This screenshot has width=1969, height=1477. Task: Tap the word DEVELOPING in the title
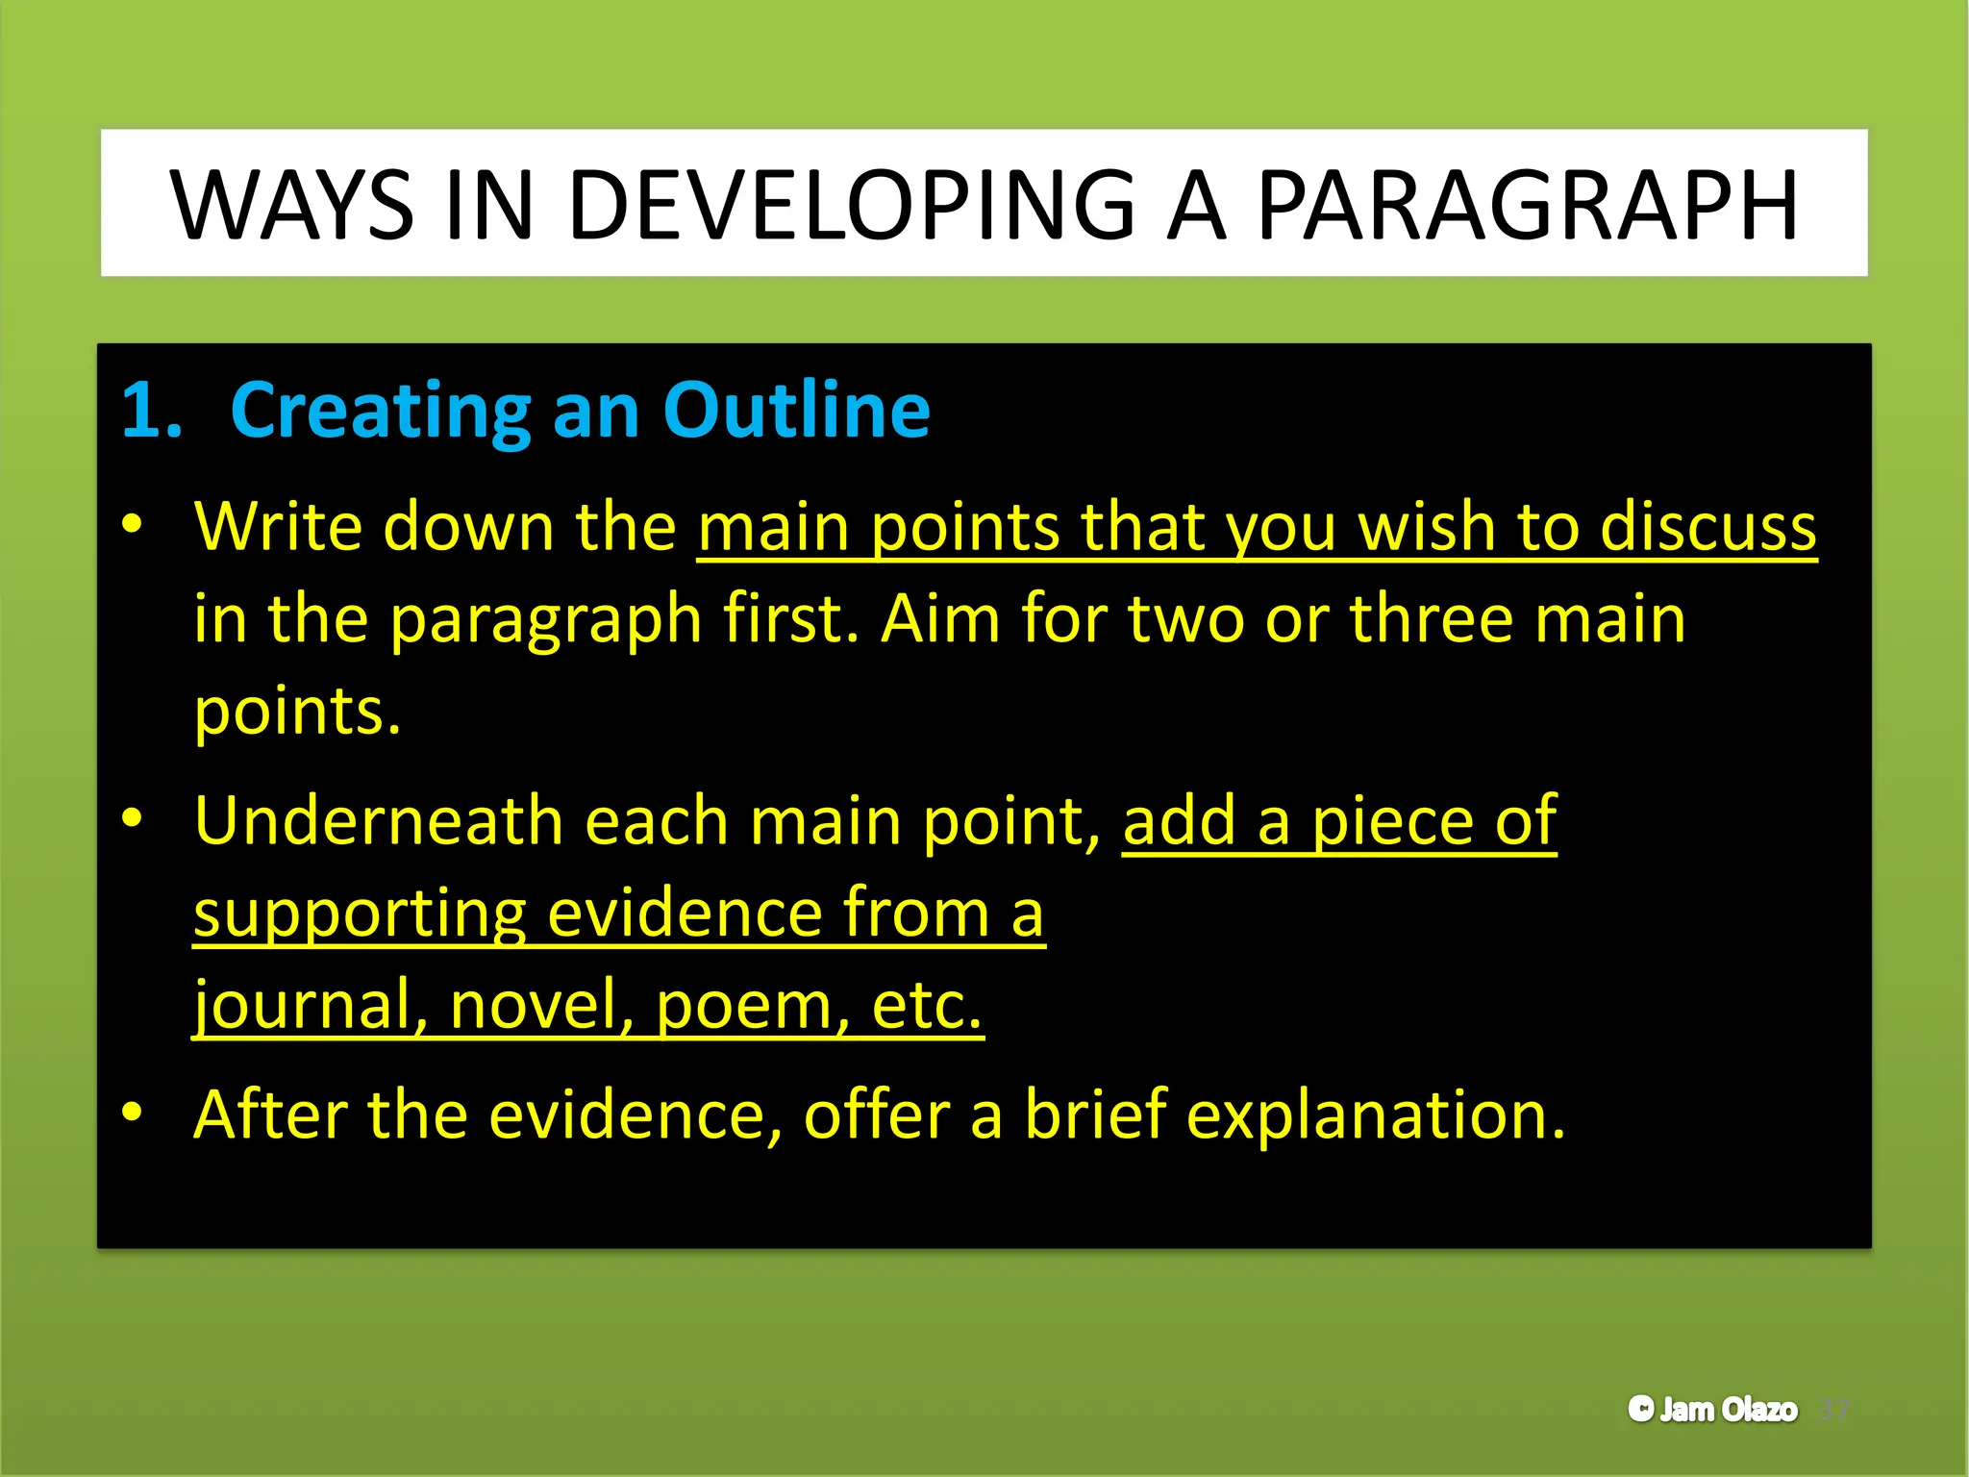coord(851,206)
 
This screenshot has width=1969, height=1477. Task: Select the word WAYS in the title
coord(292,206)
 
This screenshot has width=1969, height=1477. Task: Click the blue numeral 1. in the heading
coord(152,411)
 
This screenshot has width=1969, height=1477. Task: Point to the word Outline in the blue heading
coord(796,411)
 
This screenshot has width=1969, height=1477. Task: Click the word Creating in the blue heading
coord(380,411)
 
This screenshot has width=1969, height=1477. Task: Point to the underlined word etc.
coord(926,1004)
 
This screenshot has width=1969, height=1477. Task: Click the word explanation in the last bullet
coord(1375,1115)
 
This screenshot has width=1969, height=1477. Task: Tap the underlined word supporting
coord(359,914)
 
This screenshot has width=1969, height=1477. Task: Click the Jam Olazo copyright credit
coord(1712,1410)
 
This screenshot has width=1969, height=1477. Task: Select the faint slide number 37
coord(1833,1411)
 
